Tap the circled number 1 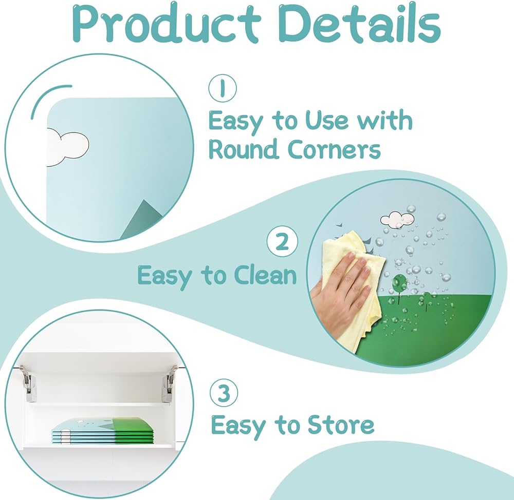tap(222, 88)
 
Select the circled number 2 tap(282, 241)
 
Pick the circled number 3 tap(224, 393)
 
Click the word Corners tap(335, 149)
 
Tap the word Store tap(341, 424)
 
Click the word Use tap(326, 120)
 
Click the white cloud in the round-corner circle tap(67, 147)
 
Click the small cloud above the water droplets tap(397, 219)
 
